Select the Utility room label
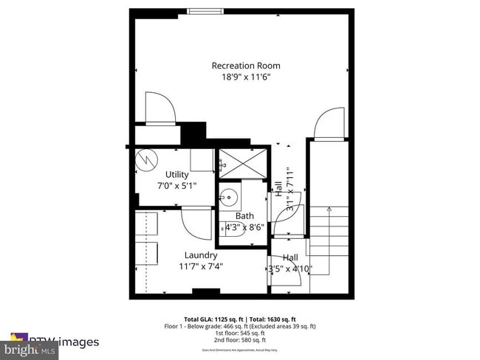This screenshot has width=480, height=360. coord(176,175)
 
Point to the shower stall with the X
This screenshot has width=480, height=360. coord(241,162)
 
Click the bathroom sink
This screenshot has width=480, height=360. coord(229,197)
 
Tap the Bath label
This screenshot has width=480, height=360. coord(244,216)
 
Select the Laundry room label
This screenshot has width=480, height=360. coord(200,255)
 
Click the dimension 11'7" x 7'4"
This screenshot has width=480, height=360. coord(200,266)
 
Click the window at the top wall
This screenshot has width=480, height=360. coord(205,10)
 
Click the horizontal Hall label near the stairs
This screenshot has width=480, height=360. coord(290,257)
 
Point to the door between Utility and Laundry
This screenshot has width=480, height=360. coord(196,221)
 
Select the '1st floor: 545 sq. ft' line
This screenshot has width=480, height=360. coord(240,333)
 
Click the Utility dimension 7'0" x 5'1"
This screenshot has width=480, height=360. coord(176,186)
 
